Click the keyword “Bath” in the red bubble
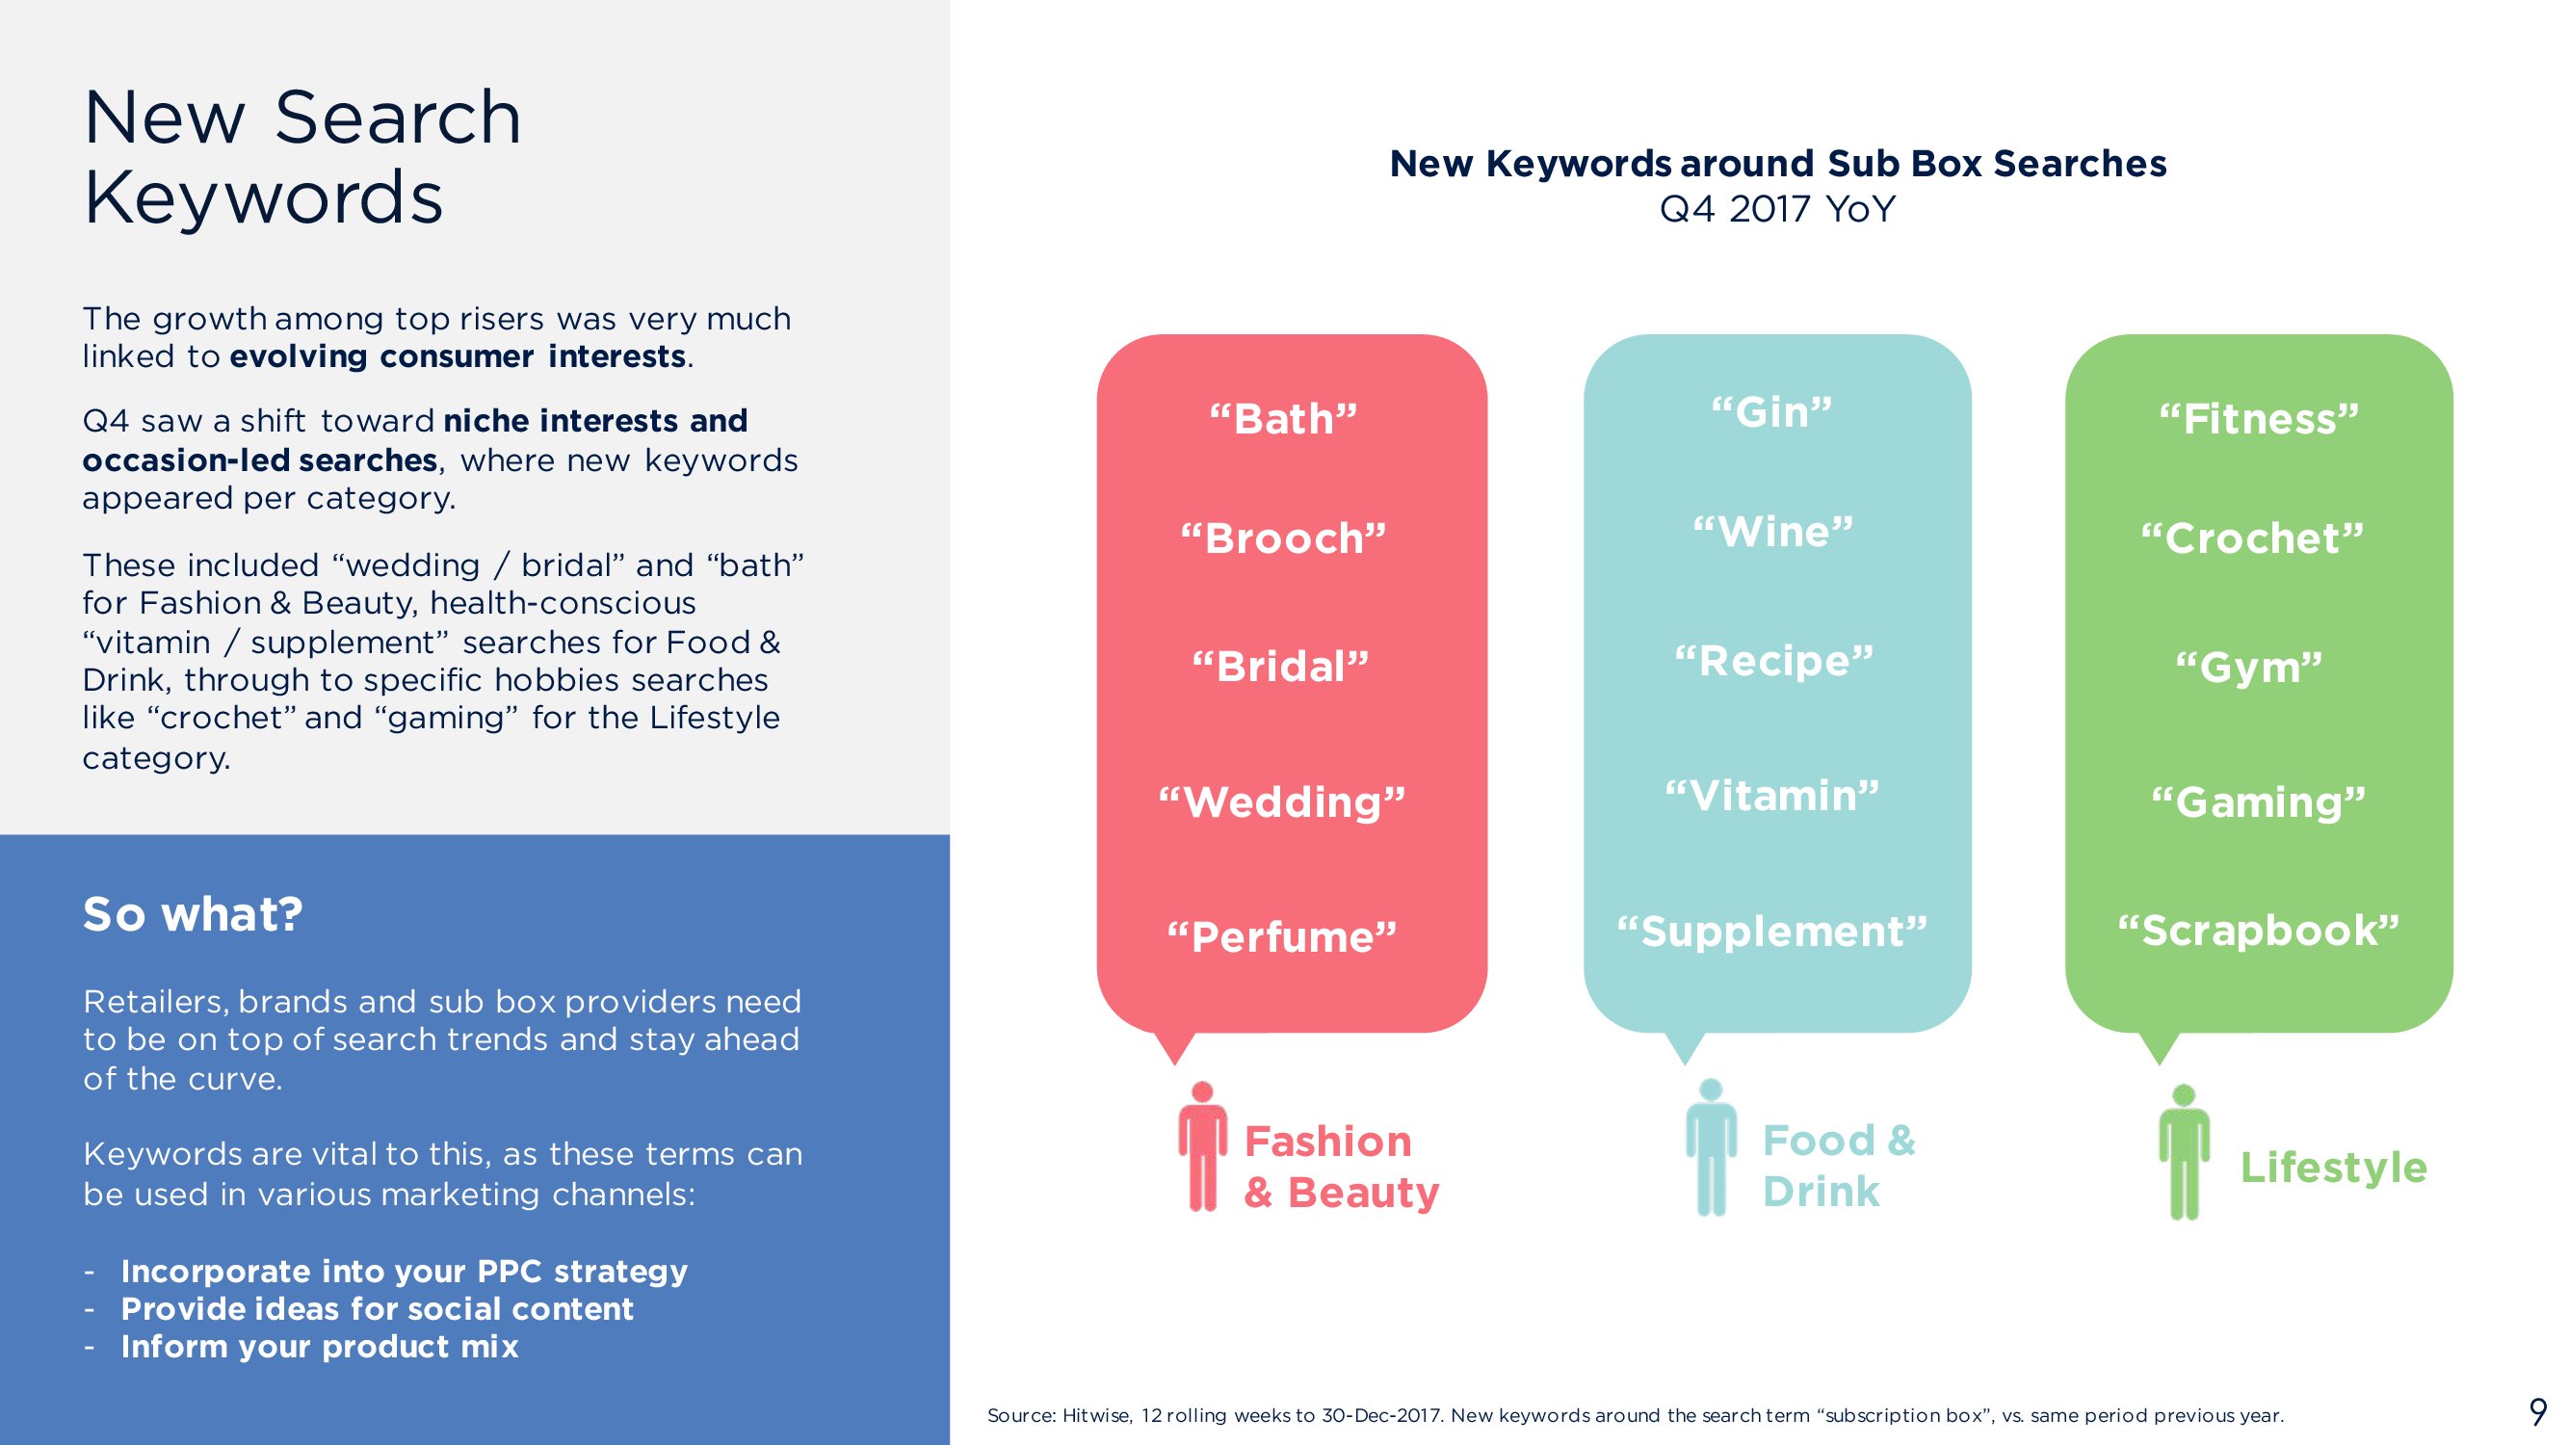pyautogui.click(x=1283, y=419)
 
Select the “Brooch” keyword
pyautogui.click(x=1283, y=539)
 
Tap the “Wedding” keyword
pyautogui.click(x=1282, y=801)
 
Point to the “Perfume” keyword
pyautogui.click(x=1282, y=936)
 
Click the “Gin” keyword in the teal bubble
pyautogui.click(x=1772, y=412)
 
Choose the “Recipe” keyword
pyautogui.click(x=1774, y=661)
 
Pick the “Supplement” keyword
pyautogui.click(x=1772, y=932)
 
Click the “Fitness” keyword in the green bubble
pyautogui.click(x=2259, y=419)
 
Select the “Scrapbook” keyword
pyautogui.click(x=2259, y=931)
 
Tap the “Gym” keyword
pyautogui.click(x=2249, y=668)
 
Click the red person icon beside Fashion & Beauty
pyautogui.click(x=1203, y=1145)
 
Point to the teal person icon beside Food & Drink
pyautogui.click(x=1712, y=1146)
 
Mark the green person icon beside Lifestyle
pyautogui.click(x=2184, y=1152)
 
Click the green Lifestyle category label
pyautogui.click(x=2334, y=1168)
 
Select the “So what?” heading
pyautogui.click(x=193, y=913)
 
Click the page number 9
pyautogui.click(x=2538, y=1411)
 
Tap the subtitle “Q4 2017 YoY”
pyautogui.click(x=1777, y=208)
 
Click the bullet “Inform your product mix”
pyautogui.click(x=319, y=1347)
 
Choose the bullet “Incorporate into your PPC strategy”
pyautogui.click(x=404, y=1272)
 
